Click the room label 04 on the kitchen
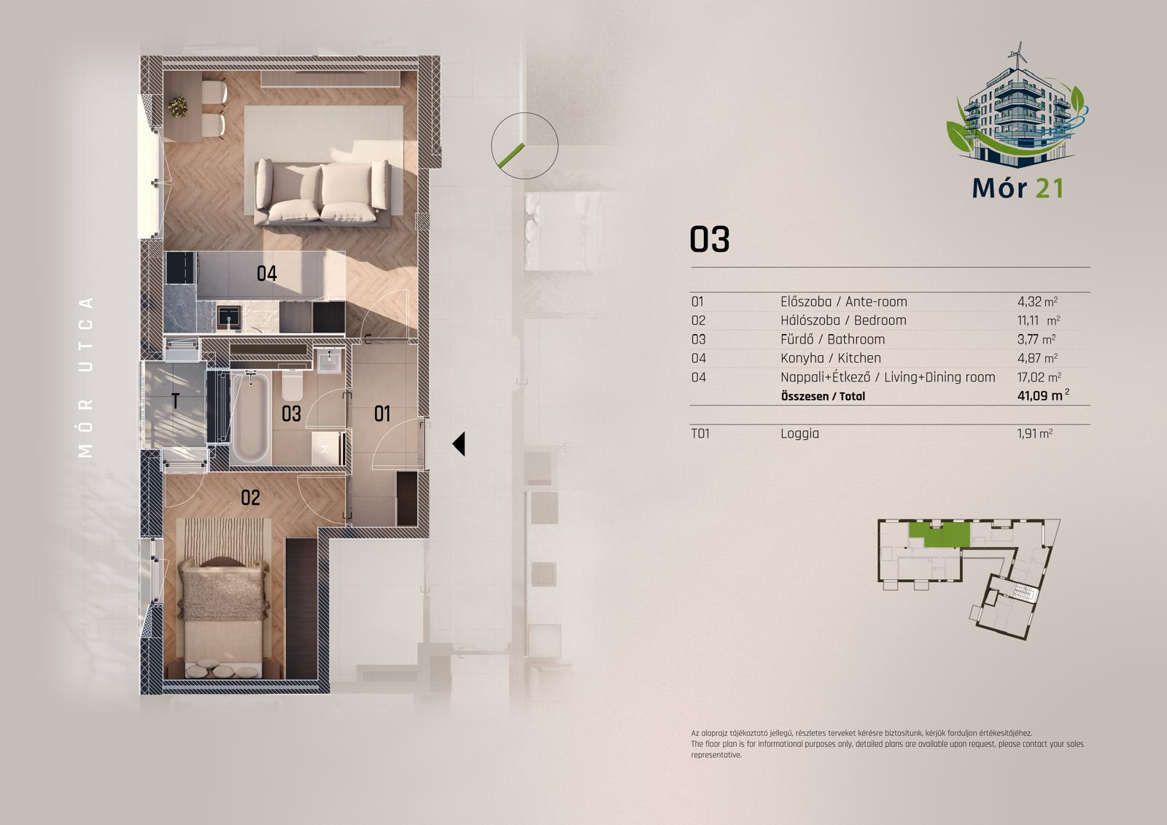pyautogui.click(x=267, y=273)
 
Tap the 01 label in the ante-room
pyautogui.click(x=382, y=414)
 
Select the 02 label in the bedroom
pyautogui.click(x=250, y=497)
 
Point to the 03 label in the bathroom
pyautogui.click(x=291, y=414)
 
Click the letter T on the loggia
pyautogui.click(x=176, y=400)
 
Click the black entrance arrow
pyautogui.click(x=459, y=444)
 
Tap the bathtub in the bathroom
pyautogui.click(x=251, y=417)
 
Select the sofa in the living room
pyautogui.click(x=322, y=193)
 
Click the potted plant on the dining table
pyautogui.click(x=178, y=106)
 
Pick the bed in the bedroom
pyautogui.click(x=223, y=618)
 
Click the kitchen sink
pyautogui.click(x=229, y=317)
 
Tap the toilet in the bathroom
pyautogui.click(x=292, y=384)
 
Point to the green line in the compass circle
pyautogui.click(x=511, y=155)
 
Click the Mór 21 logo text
pyautogui.click(x=1017, y=188)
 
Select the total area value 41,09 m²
pyautogui.click(x=1043, y=395)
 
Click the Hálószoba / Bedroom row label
pyautogui.click(x=843, y=320)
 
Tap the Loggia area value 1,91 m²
pyautogui.click(x=1035, y=433)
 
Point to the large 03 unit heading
pyautogui.click(x=710, y=240)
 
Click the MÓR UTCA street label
pyautogui.click(x=85, y=377)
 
